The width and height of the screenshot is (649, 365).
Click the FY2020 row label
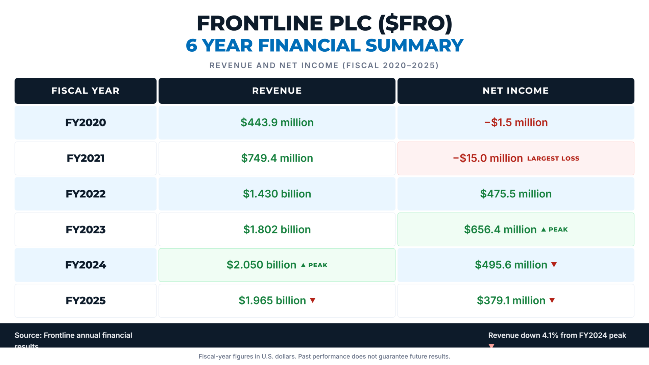coord(86,122)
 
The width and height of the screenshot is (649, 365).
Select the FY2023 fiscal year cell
coord(86,229)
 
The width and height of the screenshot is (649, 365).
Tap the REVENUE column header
coord(277,91)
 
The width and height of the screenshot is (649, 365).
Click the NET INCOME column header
coord(515,91)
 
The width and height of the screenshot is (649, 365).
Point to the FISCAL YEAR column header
coord(86,91)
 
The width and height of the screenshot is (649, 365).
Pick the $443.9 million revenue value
coord(277,122)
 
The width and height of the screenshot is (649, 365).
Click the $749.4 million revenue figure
coord(277,158)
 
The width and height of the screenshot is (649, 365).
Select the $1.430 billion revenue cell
coord(277,194)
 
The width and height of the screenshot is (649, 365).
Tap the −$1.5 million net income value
coord(516,122)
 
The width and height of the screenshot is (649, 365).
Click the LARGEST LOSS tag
coord(553,159)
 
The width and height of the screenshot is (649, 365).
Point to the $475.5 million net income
coord(516,194)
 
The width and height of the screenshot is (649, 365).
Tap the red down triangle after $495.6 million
coord(554,264)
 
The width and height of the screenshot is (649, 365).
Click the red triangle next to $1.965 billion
coord(313,300)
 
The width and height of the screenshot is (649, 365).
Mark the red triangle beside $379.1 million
coord(552,300)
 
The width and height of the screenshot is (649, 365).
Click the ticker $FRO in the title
coord(415,24)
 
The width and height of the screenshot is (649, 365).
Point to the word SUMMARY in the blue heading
coord(414,45)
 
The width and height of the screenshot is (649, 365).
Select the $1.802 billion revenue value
coord(277,229)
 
